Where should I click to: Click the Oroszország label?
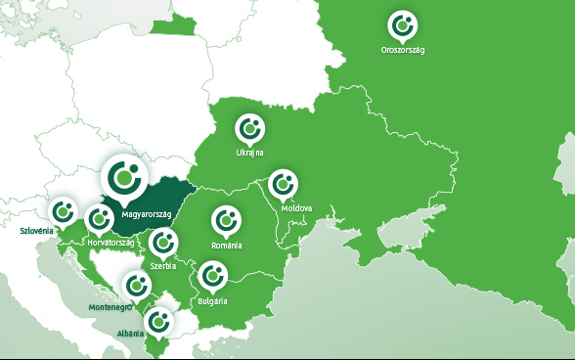point(403,49)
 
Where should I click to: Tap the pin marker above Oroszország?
point(401,23)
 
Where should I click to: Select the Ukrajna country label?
point(250,153)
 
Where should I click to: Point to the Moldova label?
point(296,208)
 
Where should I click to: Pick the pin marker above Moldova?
point(284,183)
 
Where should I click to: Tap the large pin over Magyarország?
point(127,176)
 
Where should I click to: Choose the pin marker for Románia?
point(226,220)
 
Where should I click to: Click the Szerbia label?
point(162,265)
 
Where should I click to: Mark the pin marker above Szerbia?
point(163,241)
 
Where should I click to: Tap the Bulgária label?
point(212,300)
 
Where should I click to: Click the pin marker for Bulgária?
point(212,276)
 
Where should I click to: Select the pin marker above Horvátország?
point(99,218)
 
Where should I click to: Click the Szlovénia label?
point(38,232)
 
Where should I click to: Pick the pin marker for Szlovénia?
point(65,208)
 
